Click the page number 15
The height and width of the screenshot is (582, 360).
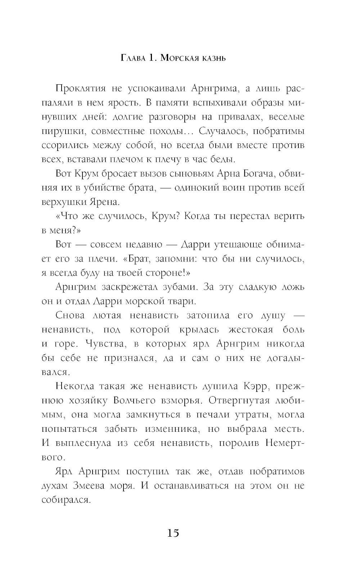click(173, 533)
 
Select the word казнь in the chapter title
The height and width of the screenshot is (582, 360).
click(209, 58)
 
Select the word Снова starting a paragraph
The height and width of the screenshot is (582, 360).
click(70, 315)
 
